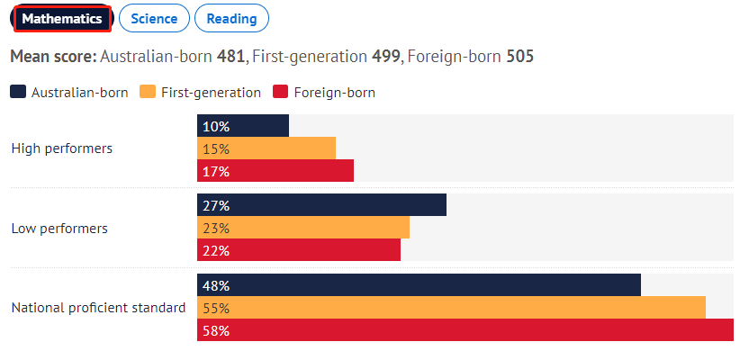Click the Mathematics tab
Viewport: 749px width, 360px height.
tap(61, 18)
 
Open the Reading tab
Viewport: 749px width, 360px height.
tap(231, 18)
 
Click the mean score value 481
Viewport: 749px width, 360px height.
tap(230, 57)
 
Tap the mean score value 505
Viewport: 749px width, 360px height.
tap(519, 57)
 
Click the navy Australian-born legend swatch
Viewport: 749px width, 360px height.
tap(18, 92)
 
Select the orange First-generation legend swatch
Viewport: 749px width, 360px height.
tap(149, 92)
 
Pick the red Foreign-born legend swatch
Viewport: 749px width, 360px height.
tap(279, 92)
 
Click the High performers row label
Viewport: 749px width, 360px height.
tap(62, 148)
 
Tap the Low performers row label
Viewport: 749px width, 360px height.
tap(59, 229)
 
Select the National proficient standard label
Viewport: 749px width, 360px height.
tap(98, 308)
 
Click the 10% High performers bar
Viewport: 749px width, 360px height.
tap(243, 126)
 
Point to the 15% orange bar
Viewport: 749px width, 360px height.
tap(266, 148)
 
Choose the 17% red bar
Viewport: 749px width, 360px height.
tap(275, 171)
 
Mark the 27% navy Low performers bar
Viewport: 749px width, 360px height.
tap(321, 205)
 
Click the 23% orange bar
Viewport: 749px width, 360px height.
tap(303, 228)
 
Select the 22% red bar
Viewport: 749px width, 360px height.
tap(299, 250)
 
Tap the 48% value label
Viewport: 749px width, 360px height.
tap(217, 285)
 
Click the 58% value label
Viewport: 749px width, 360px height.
tap(217, 330)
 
